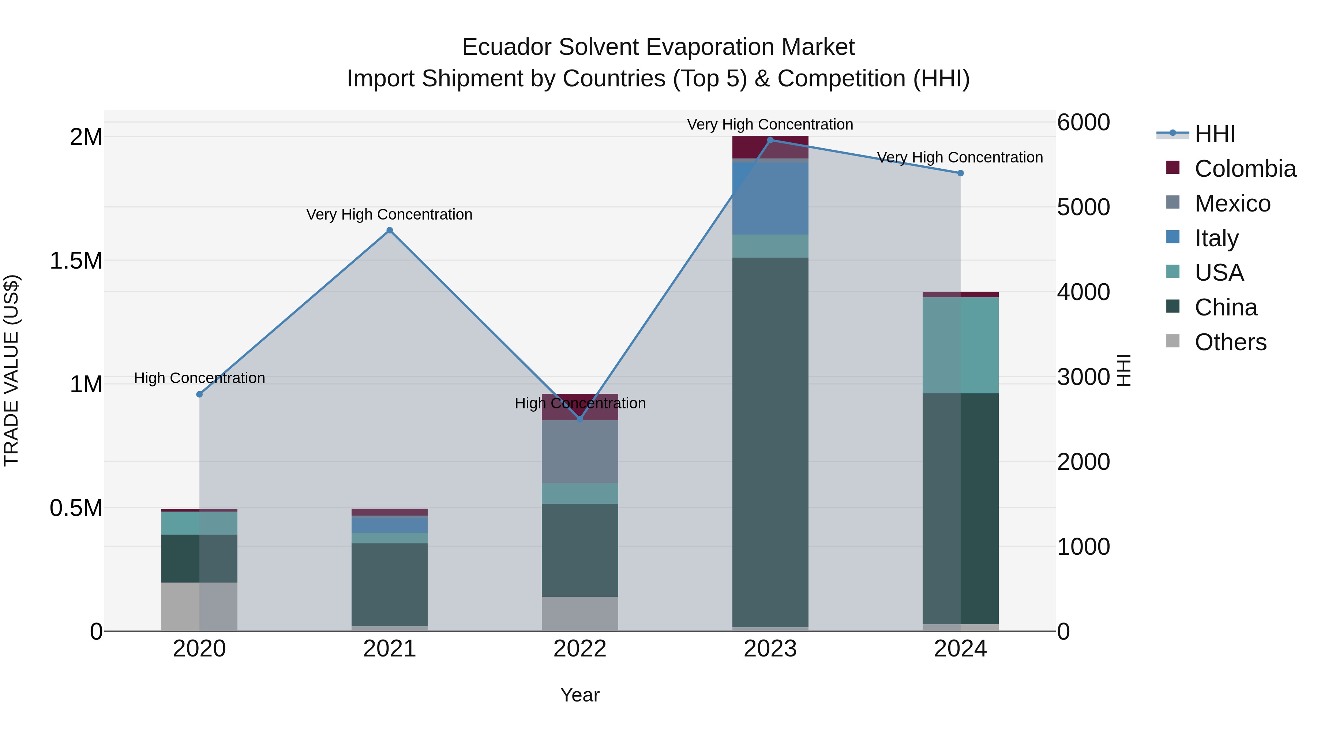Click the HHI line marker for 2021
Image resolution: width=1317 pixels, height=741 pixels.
click(390, 230)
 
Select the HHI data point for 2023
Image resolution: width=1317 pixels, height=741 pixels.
click(770, 140)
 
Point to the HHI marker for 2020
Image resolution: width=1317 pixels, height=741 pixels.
click(199, 394)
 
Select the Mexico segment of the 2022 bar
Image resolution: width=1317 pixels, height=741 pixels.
click(580, 451)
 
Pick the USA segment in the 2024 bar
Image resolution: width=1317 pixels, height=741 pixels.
click(960, 345)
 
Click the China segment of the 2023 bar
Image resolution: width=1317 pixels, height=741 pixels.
click(770, 442)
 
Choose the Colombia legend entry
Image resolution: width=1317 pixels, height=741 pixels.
click(1245, 169)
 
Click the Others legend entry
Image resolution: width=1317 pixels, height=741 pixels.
click(1230, 342)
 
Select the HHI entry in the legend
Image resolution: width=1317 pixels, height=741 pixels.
click(1215, 134)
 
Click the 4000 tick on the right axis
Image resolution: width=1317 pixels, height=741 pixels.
click(1083, 292)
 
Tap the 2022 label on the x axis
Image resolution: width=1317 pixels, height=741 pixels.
click(580, 649)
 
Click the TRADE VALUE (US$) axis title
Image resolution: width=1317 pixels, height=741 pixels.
click(11, 370)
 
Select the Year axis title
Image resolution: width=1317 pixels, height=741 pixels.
click(580, 695)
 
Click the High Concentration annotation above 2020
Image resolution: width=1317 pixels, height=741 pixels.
click(199, 378)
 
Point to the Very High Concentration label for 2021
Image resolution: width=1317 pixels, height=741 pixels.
click(390, 214)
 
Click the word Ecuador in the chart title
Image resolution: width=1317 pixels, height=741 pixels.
click(507, 47)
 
